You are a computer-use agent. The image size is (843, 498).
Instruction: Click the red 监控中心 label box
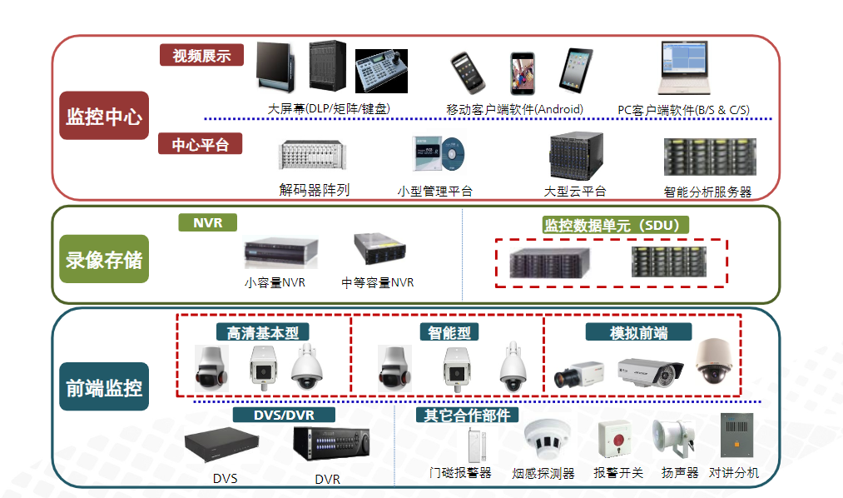coord(104,116)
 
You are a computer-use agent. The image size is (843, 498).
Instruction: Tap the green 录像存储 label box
coord(104,260)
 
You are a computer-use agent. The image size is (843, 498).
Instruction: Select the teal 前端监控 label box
coord(104,386)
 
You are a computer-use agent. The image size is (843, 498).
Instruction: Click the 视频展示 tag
coord(201,56)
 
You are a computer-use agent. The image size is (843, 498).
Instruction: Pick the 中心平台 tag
coord(201,144)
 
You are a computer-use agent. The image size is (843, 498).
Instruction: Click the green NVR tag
coord(207,223)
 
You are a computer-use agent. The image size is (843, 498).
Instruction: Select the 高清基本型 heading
coord(263,332)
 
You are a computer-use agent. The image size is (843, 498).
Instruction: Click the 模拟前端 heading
coord(638,332)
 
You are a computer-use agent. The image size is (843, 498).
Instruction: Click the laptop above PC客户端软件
coord(684,70)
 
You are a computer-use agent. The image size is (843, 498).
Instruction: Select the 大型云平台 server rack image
coord(575,157)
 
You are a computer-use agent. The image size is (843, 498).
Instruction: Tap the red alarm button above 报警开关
coord(617,439)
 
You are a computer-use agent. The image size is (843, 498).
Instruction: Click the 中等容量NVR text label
coord(378,282)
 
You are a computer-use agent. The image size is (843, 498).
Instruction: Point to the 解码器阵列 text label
coord(314,190)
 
